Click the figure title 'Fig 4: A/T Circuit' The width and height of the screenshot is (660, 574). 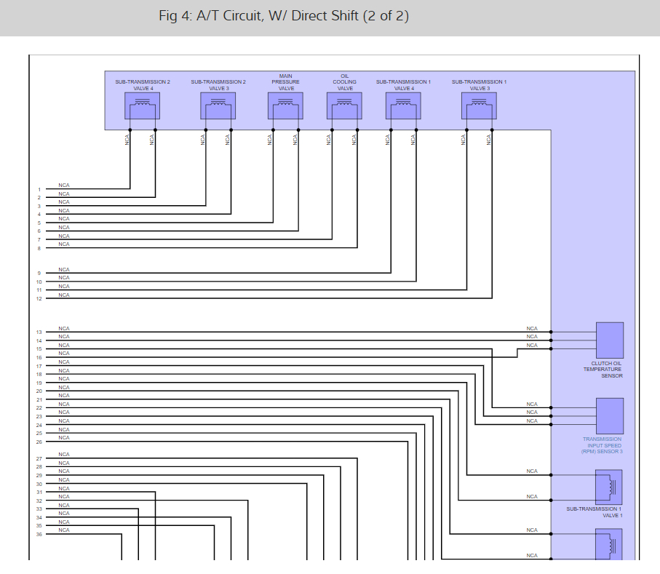pos(284,16)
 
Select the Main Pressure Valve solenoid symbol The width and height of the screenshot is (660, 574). pos(285,106)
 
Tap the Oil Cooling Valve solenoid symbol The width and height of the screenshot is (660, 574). pos(344,106)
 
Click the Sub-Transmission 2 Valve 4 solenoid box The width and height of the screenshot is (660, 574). pos(142,106)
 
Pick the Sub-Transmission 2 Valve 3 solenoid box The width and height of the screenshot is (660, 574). pos(218,106)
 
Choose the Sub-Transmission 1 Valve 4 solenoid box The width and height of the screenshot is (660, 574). pos(403,106)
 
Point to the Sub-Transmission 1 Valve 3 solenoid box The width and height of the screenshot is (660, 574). pos(479,106)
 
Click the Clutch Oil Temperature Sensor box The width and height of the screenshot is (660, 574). pos(609,340)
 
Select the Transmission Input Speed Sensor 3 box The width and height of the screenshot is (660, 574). pos(609,416)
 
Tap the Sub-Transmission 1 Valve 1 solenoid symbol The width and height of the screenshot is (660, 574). pos(609,487)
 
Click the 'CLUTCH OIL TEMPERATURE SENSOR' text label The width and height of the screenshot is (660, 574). pos(603,370)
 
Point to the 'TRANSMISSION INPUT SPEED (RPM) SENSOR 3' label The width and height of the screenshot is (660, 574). pos(602,445)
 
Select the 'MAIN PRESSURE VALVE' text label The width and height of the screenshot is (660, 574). pos(286,81)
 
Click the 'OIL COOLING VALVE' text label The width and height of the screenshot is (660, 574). pos(345,81)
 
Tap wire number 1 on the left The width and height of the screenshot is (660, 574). pos(39,190)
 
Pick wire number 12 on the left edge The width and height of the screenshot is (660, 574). pos(39,299)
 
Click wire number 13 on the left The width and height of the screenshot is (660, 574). pos(39,332)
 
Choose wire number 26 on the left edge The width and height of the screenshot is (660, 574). pos(39,442)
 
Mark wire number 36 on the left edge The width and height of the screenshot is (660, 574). pos(39,535)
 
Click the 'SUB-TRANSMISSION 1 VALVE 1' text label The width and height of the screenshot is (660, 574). pos(594,512)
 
